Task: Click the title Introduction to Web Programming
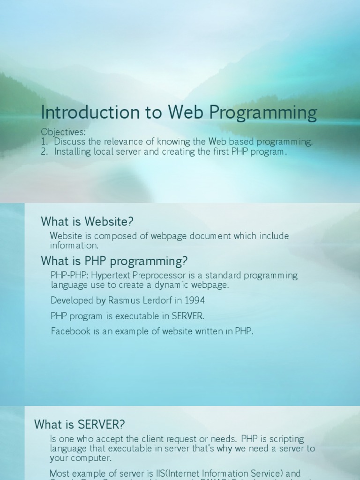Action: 179,112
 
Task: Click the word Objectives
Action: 63,132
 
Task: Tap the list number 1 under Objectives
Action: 44,142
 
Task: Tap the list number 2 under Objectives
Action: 44,151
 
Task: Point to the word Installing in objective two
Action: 72,151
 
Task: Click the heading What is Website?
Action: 87,221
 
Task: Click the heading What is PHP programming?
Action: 114,261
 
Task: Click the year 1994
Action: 195,300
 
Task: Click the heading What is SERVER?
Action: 80,425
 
